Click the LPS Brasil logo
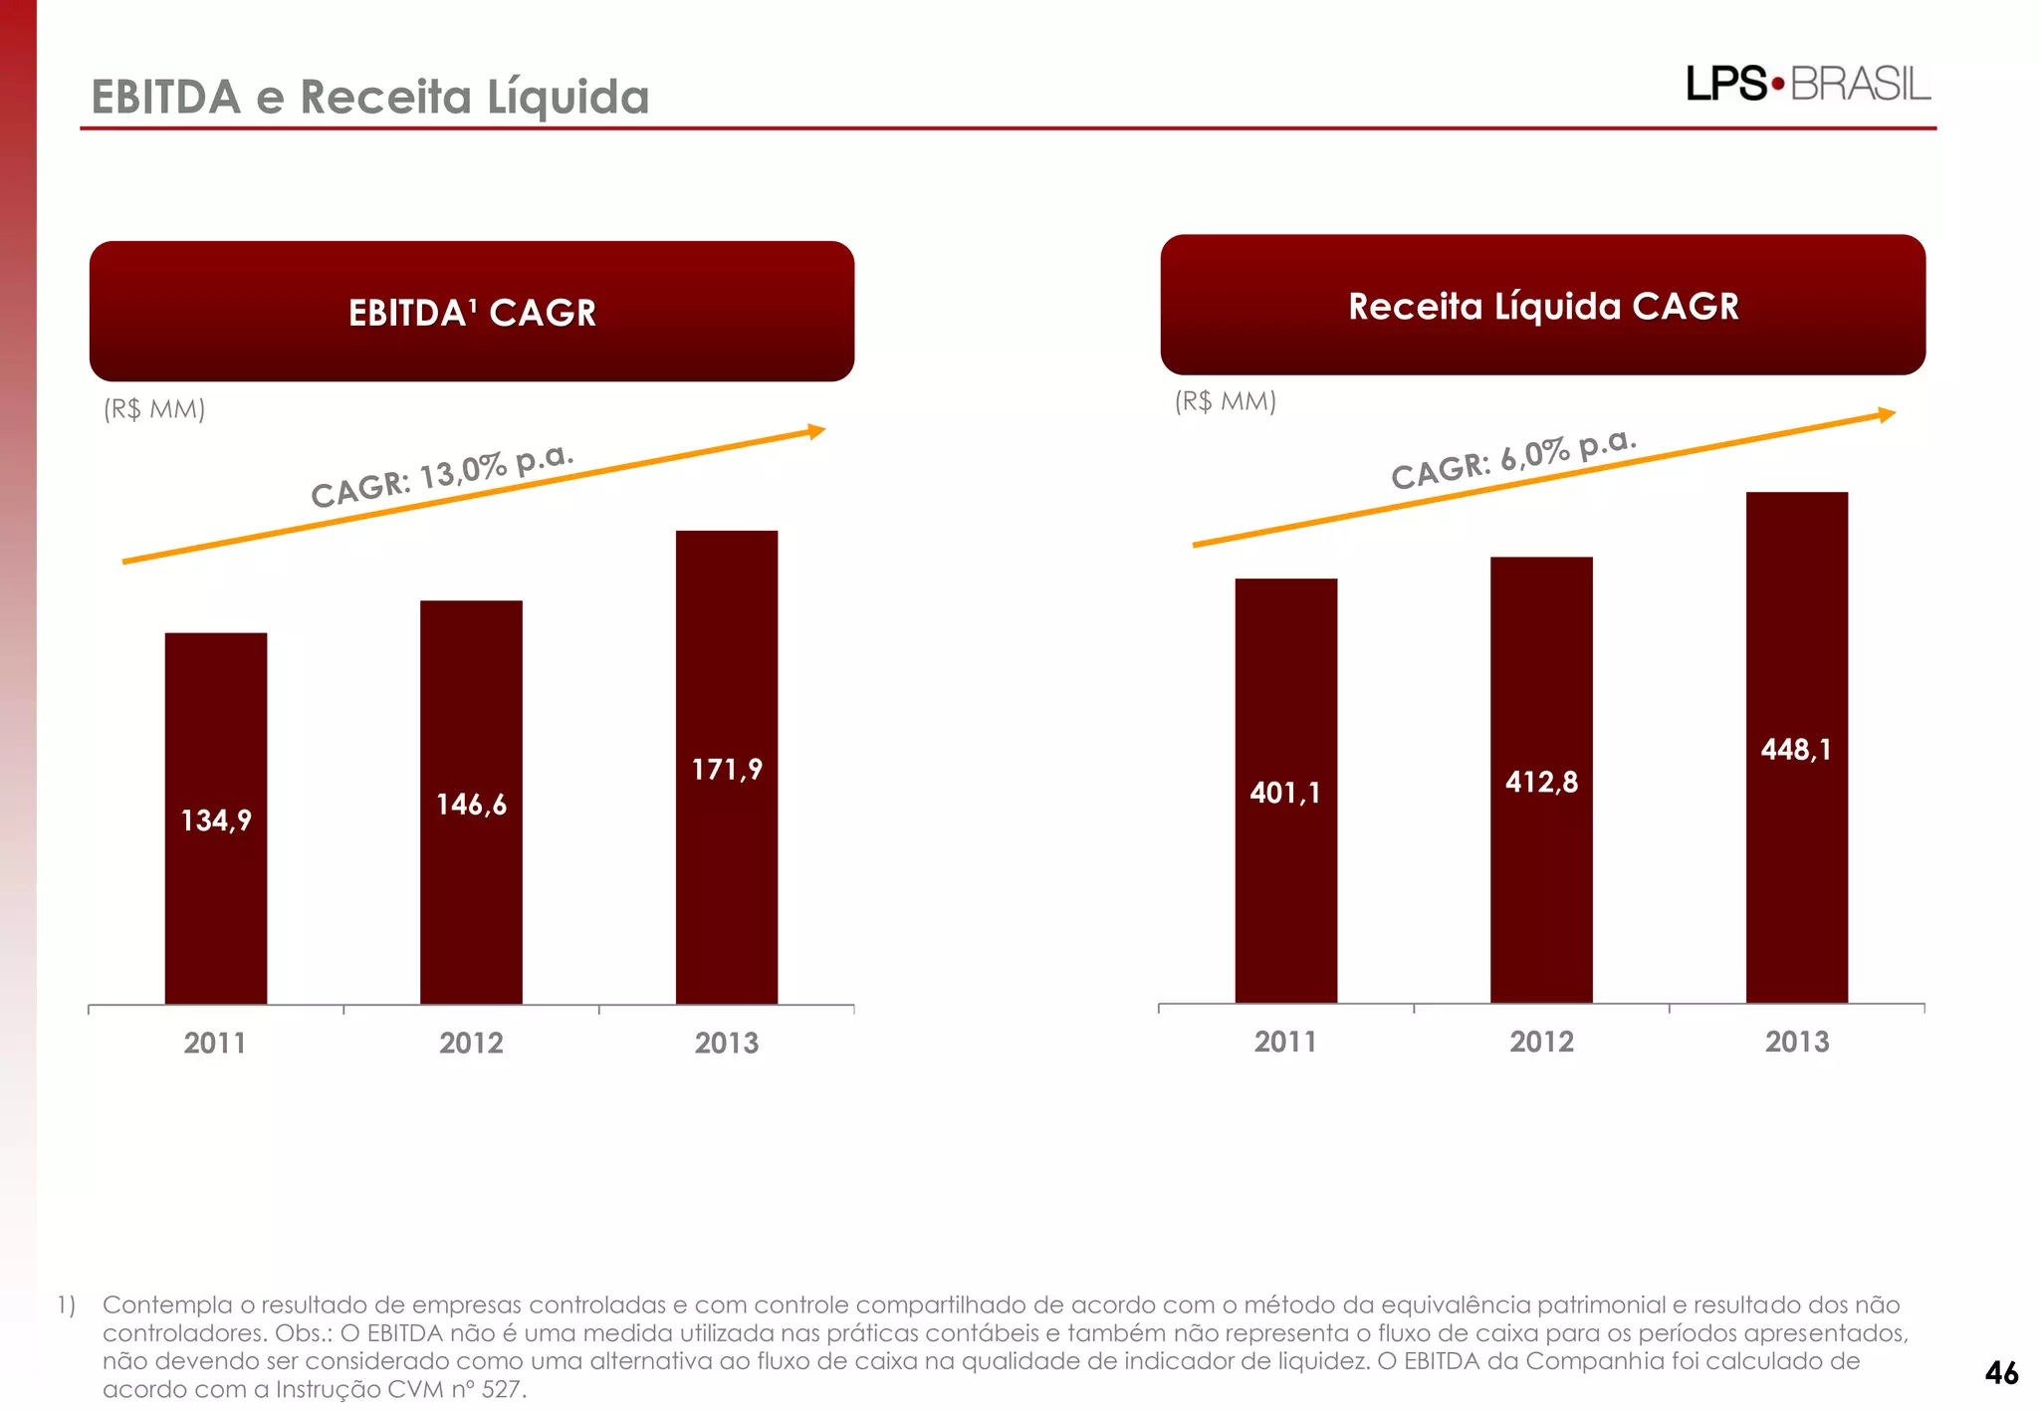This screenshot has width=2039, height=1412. coord(1807,84)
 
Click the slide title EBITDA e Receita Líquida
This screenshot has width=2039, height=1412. coord(370,98)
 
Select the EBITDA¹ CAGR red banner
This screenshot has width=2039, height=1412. coord(472,312)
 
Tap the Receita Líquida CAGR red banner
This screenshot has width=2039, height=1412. coord(1542,306)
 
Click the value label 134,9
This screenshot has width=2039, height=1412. coord(216,821)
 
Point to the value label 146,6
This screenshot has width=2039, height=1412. coord(471,805)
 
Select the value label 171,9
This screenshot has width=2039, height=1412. coord(727,770)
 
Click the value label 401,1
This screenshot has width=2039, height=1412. coord(1285,793)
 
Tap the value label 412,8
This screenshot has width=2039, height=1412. coord(1541,782)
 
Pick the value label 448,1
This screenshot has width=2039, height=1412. coord(1796,750)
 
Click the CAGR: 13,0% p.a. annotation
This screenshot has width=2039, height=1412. coord(442,476)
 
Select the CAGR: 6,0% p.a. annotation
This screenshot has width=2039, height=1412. coord(1513,458)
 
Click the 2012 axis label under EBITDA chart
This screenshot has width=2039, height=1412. coord(471,1043)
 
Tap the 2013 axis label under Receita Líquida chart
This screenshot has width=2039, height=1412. coord(1796,1042)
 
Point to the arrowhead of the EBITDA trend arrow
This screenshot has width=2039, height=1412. coord(817,431)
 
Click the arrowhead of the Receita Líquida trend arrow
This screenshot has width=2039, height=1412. coord(1887,414)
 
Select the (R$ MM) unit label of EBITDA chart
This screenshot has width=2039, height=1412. coord(154,409)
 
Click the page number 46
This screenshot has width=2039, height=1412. coord(2001,1373)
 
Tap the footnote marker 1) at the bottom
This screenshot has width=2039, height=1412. coord(66,1304)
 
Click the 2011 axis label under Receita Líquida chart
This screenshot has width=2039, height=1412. coord(1285,1042)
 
